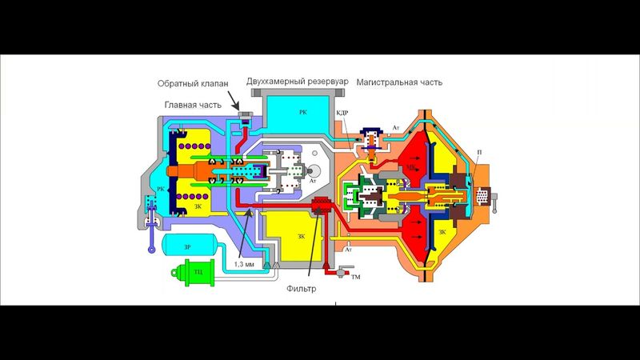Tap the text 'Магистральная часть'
pyautogui.click(x=399, y=82)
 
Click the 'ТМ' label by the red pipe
pyautogui.click(x=355, y=276)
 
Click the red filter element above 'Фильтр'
pyautogui.click(x=320, y=210)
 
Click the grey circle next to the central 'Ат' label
pyautogui.click(x=313, y=172)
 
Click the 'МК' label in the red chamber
pyautogui.click(x=413, y=170)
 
